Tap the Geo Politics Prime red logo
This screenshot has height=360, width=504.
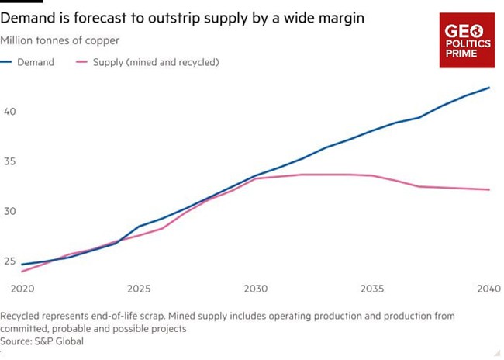(x=467, y=40)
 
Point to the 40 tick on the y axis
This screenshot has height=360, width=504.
(x=10, y=112)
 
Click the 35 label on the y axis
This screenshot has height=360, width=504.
(x=10, y=161)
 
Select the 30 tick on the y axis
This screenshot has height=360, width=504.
(x=10, y=211)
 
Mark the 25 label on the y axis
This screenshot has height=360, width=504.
(x=10, y=261)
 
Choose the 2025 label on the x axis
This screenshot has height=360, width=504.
(x=139, y=289)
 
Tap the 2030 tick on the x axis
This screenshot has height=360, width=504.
(x=256, y=289)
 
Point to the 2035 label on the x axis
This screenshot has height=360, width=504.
(x=372, y=289)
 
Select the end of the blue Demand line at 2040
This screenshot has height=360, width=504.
(x=489, y=88)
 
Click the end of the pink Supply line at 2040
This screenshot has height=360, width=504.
(x=489, y=189)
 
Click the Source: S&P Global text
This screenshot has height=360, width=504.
(x=42, y=341)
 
